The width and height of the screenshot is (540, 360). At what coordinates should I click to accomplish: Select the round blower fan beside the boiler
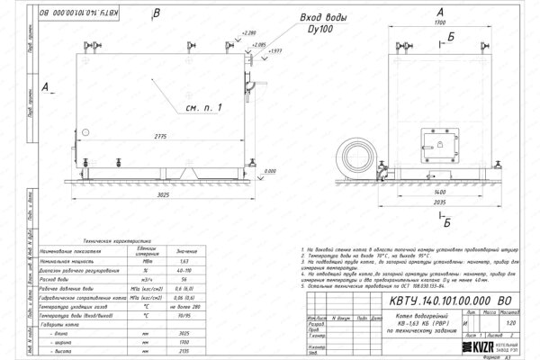[x=355, y=155]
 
